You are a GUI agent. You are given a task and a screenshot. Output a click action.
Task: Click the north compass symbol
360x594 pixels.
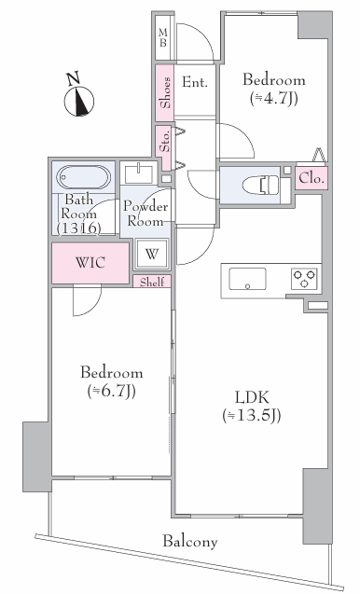click(x=79, y=97)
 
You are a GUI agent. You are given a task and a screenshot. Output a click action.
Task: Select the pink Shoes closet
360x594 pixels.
click(x=164, y=92)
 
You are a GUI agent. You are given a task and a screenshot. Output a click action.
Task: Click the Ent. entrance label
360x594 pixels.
click(x=194, y=82)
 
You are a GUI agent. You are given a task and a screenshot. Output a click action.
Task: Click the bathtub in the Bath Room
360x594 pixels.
click(x=84, y=177)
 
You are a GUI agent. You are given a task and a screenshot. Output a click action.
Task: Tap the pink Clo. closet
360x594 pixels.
click(x=312, y=178)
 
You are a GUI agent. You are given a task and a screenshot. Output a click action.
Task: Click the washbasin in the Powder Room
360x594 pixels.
click(x=139, y=173)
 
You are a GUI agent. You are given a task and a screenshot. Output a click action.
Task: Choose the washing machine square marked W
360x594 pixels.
click(x=152, y=254)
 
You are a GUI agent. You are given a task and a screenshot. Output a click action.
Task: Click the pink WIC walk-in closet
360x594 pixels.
click(x=90, y=263)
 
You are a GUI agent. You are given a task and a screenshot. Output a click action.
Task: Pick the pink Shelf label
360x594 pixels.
click(x=152, y=282)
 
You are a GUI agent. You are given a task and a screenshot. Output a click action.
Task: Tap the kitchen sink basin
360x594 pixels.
click(x=247, y=279)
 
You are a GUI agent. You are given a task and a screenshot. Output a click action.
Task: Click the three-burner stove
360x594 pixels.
click(x=304, y=279)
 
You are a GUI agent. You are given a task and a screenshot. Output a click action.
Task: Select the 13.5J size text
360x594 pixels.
click(x=251, y=416)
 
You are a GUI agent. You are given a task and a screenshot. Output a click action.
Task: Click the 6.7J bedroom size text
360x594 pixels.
click(x=111, y=391)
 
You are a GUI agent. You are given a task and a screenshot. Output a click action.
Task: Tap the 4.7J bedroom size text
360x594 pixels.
click(x=273, y=98)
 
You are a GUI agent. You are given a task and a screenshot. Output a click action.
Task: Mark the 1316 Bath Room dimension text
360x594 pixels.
click(x=79, y=228)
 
